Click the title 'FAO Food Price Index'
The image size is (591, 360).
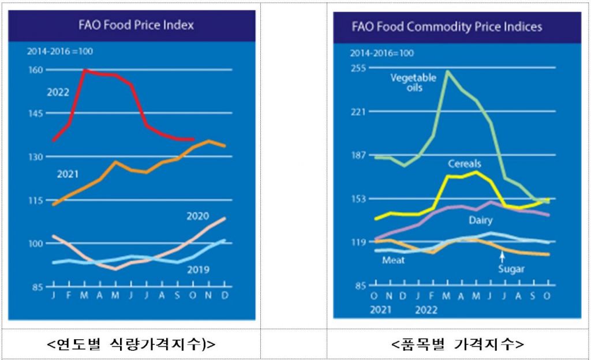pos(136,25)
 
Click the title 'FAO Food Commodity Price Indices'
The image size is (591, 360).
pos(447,27)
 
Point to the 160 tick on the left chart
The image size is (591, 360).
pos(36,70)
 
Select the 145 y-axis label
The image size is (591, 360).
pos(36,113)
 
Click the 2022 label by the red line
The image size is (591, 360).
pos(58,92)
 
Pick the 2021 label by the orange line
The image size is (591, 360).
pos(68,173)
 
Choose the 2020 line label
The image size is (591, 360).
pos(197,216)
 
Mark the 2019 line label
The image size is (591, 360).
pos(197,269)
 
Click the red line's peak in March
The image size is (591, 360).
pos(85,70)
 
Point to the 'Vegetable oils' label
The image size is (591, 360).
pos(413,82)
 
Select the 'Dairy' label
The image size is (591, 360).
pos(480,220)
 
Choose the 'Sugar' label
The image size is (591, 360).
pos(511,269)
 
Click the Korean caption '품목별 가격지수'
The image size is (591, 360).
pos(457,344)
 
